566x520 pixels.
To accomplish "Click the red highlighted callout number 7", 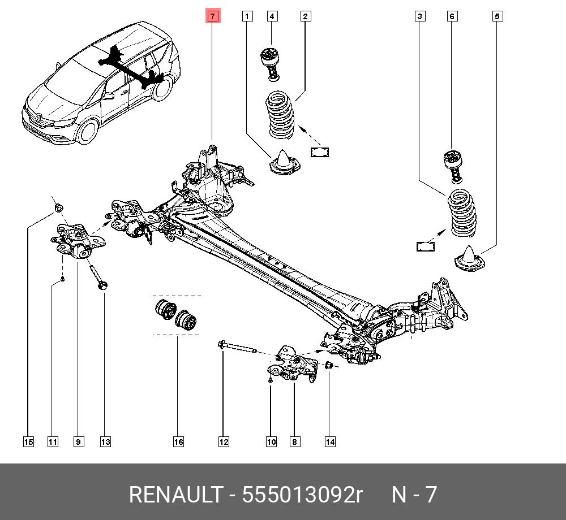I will (x=212, y=16).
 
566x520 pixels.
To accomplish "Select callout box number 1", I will (x=247, y=16).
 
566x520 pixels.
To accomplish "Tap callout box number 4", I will (x=272, y=16).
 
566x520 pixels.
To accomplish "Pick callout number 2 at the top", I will (x=305, y=16).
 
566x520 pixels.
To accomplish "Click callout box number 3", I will (x=419, y=16).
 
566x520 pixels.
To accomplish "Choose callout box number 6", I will (x=452, y=16).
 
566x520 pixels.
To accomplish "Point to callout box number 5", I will (x=497, y=16).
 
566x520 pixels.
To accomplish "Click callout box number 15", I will (x=28, y=441).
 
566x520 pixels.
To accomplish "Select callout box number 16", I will (x=178, y=441).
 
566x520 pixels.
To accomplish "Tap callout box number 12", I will (x=224, y=441).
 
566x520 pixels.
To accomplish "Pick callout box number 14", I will (x=330, y=441).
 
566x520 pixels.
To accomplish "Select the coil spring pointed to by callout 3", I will (x=462, y=213).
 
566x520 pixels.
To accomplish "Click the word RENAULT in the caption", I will (x=175, y=495).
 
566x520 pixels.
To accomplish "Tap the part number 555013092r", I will (x=302, y=495).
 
